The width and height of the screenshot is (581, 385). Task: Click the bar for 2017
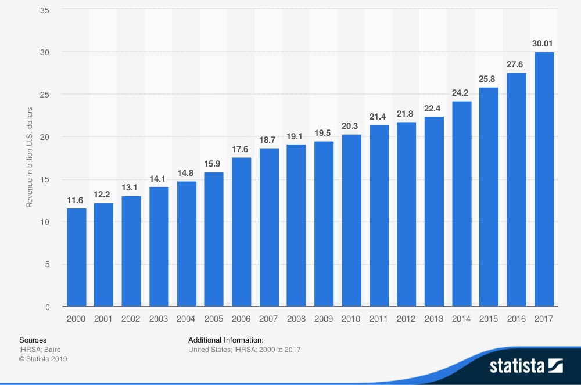pyautogui.click(x=544, y=179)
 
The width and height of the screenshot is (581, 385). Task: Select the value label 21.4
pyautogui.click(x=379, y=117)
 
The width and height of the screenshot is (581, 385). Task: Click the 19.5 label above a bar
pyautogui.click(x=324, y=133)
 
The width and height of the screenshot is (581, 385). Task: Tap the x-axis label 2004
pyautogui.click(x=186, y=319)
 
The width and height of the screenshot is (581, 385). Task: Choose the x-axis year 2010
pyautogui.click(x=351, y=319)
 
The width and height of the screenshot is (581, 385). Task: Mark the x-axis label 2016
pyautogui.click(x=516, y=319)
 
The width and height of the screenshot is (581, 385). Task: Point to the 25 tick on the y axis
pyautogui.click(x=51, y=95)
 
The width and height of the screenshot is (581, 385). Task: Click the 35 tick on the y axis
pyautogui.click(x=51, y=9)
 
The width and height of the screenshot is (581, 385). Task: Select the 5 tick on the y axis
pyautogui.click(x=53, y=264)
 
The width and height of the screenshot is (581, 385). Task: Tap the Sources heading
pyautogui.click(x=33, y=340)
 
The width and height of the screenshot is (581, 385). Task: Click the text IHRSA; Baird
pyautogui.click(x=40, y=350)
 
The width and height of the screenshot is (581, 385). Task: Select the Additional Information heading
pyautogui.click(x=226, y=340)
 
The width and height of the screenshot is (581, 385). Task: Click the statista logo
pyautogui.click(x=526, y=366)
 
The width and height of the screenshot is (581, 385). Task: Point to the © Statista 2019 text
pyautogui.click(x=43, y=359)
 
